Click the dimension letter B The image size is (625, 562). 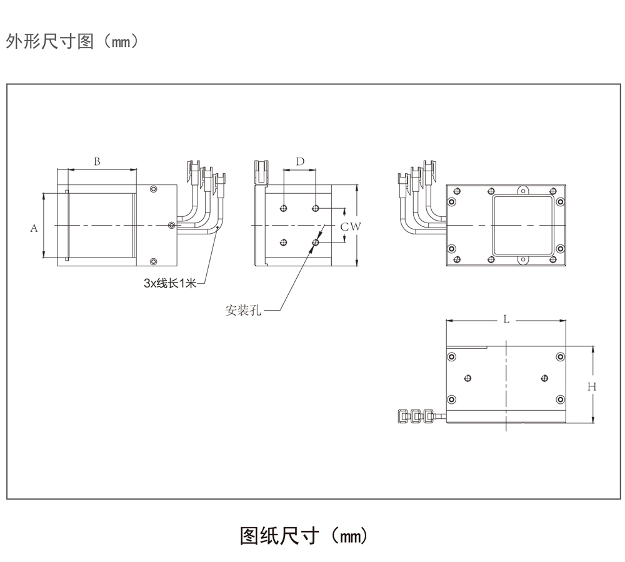point(97,161)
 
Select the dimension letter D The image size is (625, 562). point(300,161)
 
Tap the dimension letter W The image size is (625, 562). point(354,227)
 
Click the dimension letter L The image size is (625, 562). point(506,319)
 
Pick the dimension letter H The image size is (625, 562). point(591,387)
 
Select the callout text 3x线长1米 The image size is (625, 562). point(170,284)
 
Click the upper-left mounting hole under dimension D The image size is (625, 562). point(284,208)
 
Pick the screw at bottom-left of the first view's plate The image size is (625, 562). point(154,261)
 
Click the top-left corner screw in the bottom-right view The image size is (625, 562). point(452,357)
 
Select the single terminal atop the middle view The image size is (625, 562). point(261,171)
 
